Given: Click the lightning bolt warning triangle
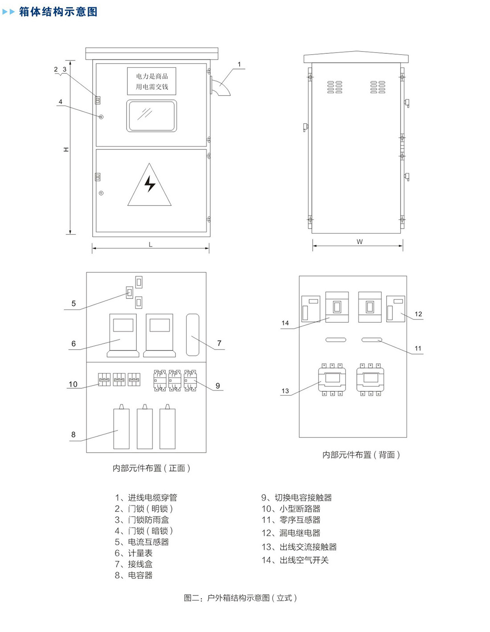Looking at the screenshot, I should coord(150,186).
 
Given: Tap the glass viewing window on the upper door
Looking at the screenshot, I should coord(151,116).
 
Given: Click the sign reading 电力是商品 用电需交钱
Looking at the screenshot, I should coord(151,81).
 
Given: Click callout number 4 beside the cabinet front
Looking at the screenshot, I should coord(61,102).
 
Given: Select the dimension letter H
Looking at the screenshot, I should coord(66,149).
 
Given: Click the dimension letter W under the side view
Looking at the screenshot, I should coord(359,242).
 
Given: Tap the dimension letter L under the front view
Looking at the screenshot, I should coord(151,245).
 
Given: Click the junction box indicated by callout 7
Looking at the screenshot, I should coord(192,334).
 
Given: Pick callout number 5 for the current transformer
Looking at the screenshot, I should coord(73,304).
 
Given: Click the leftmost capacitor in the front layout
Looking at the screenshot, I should coord(121,428).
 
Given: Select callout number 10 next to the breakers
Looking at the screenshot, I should coord(73,384).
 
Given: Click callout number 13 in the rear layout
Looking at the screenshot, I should coord(285,391).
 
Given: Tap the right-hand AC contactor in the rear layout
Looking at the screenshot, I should coord(370,379).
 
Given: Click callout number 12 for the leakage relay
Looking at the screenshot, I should coord(418,314).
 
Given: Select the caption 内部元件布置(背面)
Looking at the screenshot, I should coord(361,455).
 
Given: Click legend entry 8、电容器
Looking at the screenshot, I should coord(134,575).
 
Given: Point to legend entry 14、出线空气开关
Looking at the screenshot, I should coord(295,560).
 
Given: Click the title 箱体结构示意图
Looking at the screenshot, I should coord(58,12).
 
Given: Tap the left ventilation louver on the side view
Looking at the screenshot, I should coord(335,87).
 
